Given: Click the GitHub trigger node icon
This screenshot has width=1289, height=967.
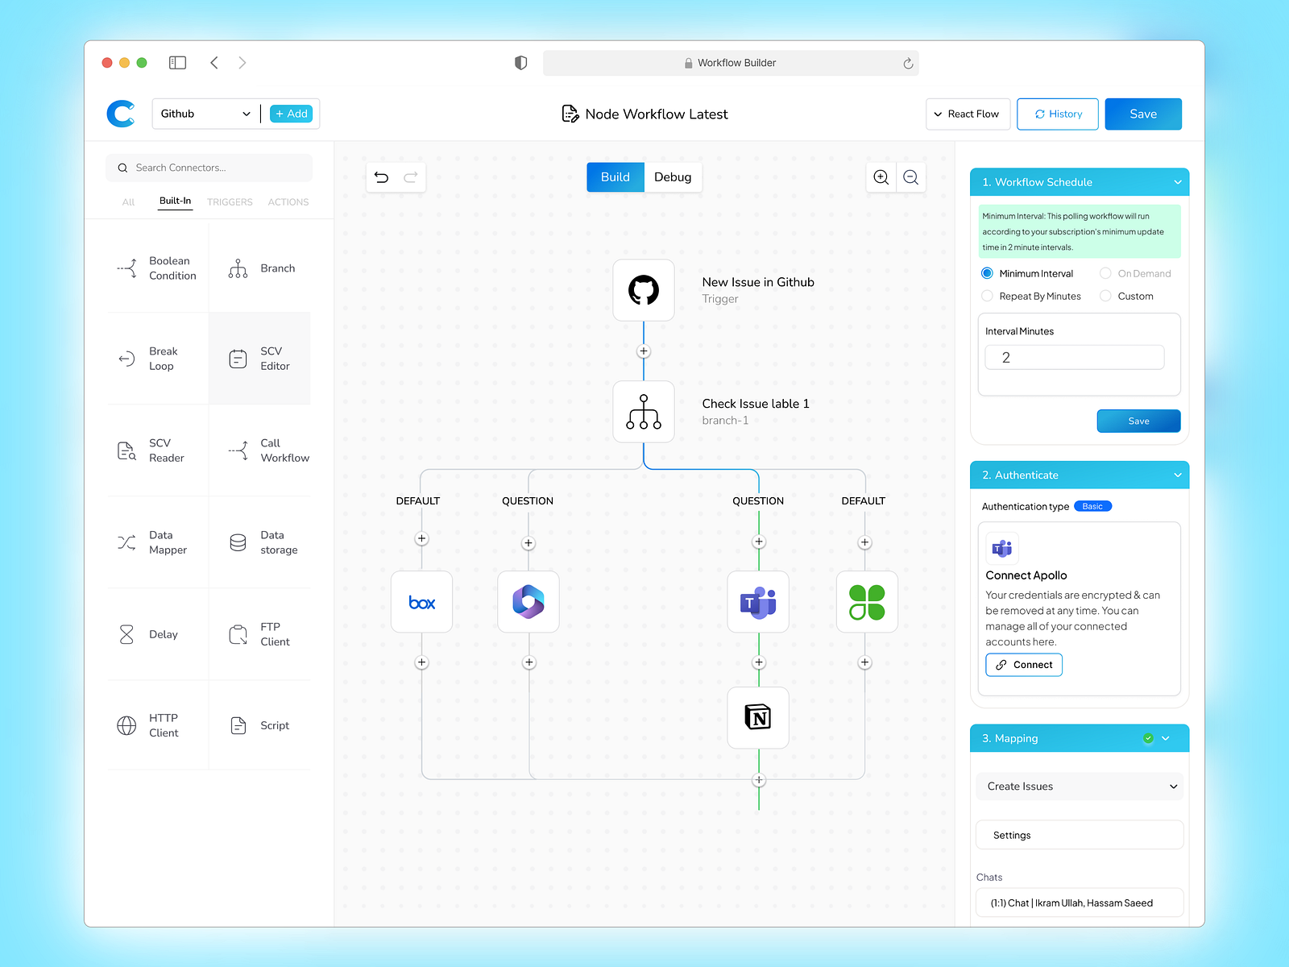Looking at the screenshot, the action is (643, 290).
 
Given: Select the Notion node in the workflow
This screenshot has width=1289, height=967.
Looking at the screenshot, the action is (757, 717).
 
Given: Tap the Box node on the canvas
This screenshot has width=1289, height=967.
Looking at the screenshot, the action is (421, 602).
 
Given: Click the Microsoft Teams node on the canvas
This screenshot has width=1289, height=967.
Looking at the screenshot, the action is (757, 602).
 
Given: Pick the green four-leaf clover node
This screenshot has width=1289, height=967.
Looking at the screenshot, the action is (866, 602).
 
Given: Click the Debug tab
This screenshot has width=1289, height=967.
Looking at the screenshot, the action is (673, 177).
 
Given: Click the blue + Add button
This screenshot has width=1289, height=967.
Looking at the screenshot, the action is (292, 114).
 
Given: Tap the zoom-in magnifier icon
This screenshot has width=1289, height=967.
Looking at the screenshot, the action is (881, 177).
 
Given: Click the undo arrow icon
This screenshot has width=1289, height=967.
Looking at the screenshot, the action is (381, 177).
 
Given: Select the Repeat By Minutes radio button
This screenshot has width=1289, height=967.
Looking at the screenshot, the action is (987, 296).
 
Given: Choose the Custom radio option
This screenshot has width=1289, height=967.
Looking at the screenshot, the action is (1105, 296).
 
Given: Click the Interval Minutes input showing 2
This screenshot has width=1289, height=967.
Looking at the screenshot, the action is (1074, 358).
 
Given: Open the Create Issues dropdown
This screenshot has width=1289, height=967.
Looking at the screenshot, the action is (1079, 786).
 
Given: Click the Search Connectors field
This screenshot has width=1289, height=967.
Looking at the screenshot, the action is (209, 168).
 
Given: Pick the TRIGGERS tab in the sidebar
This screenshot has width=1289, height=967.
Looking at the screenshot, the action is (230, 202).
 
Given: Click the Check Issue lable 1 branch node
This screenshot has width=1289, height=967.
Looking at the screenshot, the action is (643, 412).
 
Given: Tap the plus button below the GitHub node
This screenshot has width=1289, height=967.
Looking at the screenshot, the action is (644, 351).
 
